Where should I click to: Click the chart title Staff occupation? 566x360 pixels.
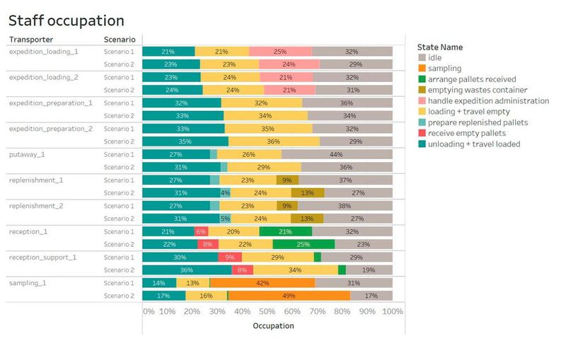67,21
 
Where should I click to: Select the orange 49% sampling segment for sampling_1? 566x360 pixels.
289,296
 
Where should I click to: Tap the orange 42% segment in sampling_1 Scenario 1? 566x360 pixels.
262,283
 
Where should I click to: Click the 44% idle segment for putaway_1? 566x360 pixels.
337,154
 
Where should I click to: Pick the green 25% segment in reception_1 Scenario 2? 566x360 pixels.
304,244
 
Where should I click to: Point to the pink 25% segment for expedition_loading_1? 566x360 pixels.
280,52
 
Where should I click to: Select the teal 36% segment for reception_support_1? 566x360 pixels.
187,269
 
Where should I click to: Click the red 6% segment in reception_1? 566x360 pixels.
201,231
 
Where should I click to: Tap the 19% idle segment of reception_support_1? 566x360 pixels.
369,269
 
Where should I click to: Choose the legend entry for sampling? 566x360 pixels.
444,69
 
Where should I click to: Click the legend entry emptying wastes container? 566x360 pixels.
478,90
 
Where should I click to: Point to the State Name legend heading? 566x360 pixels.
440,47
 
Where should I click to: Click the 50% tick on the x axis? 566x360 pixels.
267,311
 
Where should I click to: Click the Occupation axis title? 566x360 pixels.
273,326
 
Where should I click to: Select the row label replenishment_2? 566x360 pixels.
36,206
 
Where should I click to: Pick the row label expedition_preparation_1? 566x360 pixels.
50,103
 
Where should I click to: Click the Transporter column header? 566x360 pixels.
31,40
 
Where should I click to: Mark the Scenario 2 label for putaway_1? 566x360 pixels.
118,167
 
